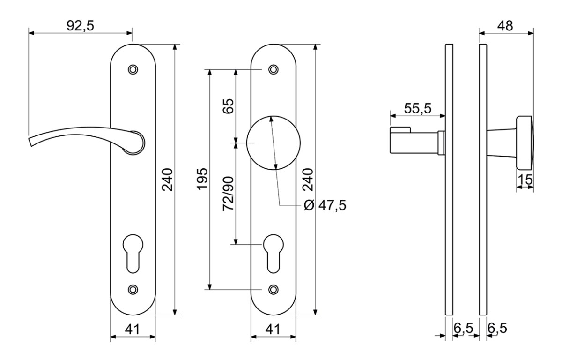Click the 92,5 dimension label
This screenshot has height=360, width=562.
[80, 26]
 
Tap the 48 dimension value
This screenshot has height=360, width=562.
[505, 26]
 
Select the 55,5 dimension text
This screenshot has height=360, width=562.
[417, 108]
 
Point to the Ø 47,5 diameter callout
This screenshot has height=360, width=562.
[325, 205]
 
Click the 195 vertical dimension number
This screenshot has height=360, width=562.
[202, 179]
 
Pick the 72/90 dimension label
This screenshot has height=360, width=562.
[229, 194]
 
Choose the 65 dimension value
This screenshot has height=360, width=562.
[229, 106]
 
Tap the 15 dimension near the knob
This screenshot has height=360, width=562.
[525, 180]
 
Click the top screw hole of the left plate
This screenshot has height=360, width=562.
[133, 69]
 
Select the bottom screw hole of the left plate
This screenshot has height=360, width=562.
[133, 290]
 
